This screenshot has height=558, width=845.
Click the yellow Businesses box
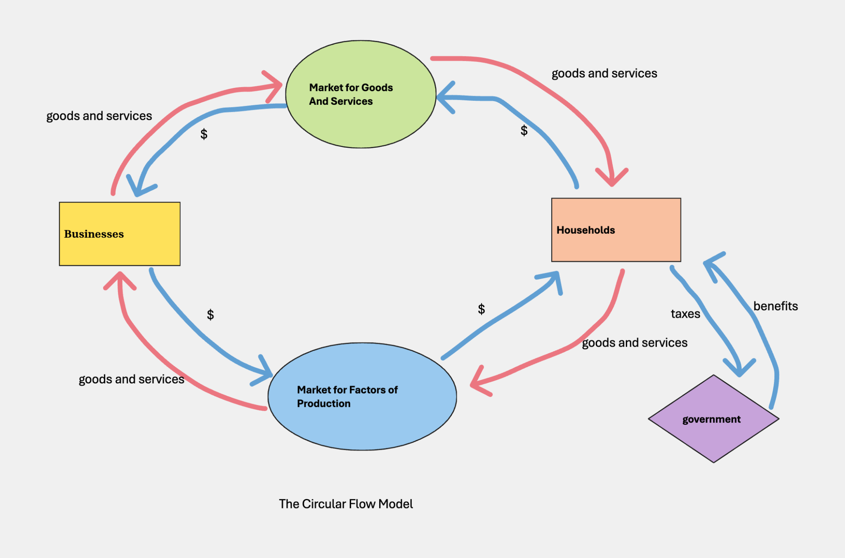click(x=120, y=234)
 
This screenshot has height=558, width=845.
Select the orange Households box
click(x=616, y=230)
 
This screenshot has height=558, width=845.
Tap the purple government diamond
click(x=713, y=419)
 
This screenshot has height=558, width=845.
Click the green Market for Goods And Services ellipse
click(x=361, y=94)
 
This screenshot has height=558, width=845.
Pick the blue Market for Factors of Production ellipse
click(x=362, y=396)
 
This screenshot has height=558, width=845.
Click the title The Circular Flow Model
click(x=346, y=504)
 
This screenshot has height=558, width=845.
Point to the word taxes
click(x=685, y=314)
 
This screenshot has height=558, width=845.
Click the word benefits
click(x=775, y=306)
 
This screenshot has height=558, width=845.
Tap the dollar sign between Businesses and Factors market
click(x=210, y=315)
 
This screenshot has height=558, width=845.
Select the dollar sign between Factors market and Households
click(x=481, y=309)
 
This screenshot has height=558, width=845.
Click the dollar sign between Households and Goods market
click(x=524, y=131)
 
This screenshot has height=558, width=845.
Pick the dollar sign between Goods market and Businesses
click(x=204, y=134)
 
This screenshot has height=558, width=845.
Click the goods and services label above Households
click(x=604, y=73)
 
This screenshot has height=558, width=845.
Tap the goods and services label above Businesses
click(x=99, y=116)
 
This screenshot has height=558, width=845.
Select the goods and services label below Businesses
click(x=131, y=379)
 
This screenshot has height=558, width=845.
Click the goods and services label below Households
click(x=634, y=343)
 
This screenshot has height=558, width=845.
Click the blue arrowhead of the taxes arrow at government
click(x=740, y=369)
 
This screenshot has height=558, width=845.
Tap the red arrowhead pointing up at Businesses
click(x=120, y=279)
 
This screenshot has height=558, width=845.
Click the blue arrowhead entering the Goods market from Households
click(x=444, y=97)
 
